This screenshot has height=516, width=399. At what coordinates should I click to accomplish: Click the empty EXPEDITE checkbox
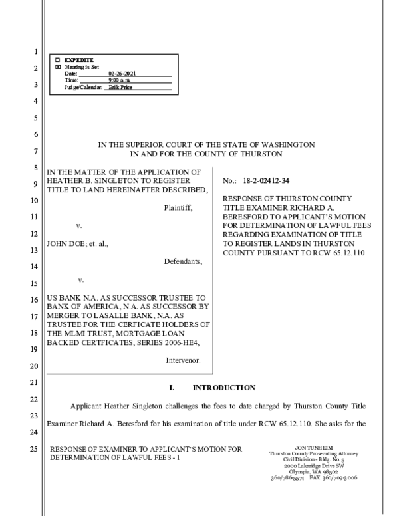pyautogui.click(x=57, y=61)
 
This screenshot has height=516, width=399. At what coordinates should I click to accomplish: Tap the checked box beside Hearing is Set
pyautogui.click(x=57, y=67)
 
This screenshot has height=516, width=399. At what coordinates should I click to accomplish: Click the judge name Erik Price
pyautogui.click(x=123, y=87)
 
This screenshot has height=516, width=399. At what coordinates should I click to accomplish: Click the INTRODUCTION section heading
pyautogui.click(x=223, y=387)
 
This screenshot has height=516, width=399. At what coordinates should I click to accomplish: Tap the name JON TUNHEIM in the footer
pyautogui.click(x=309, y=448)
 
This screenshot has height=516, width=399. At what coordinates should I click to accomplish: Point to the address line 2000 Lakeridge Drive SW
pyautogui.click(x=308, y=465)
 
